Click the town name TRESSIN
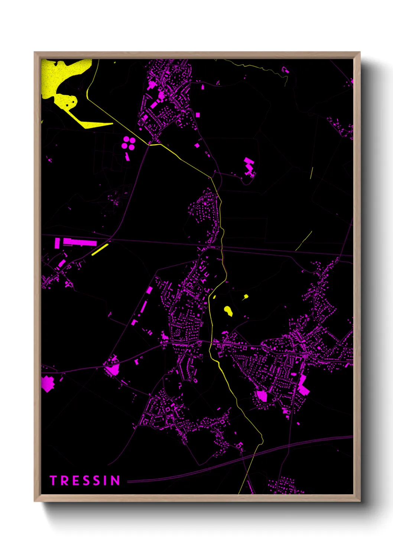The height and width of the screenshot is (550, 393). tap(85, 481)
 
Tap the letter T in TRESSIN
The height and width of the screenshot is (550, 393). tap(53, 481)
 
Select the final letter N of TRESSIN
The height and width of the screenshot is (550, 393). tap(116, 481)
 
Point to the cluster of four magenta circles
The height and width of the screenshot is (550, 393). tap(129, 143)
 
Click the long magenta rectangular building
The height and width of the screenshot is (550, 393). tap(80, 242)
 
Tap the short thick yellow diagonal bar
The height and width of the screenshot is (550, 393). tap(100, 249)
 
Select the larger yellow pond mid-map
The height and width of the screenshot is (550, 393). tap(228, 311)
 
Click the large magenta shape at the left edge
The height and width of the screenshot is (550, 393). tap(47, 384)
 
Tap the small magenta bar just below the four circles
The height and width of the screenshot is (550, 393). tap(127, 156)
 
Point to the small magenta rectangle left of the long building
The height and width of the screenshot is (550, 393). tap(57, 243)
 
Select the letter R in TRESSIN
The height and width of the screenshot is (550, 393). tap(64, 481)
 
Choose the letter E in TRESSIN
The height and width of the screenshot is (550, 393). tap(74, 481)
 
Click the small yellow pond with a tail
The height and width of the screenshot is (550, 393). tap(246, 297)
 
